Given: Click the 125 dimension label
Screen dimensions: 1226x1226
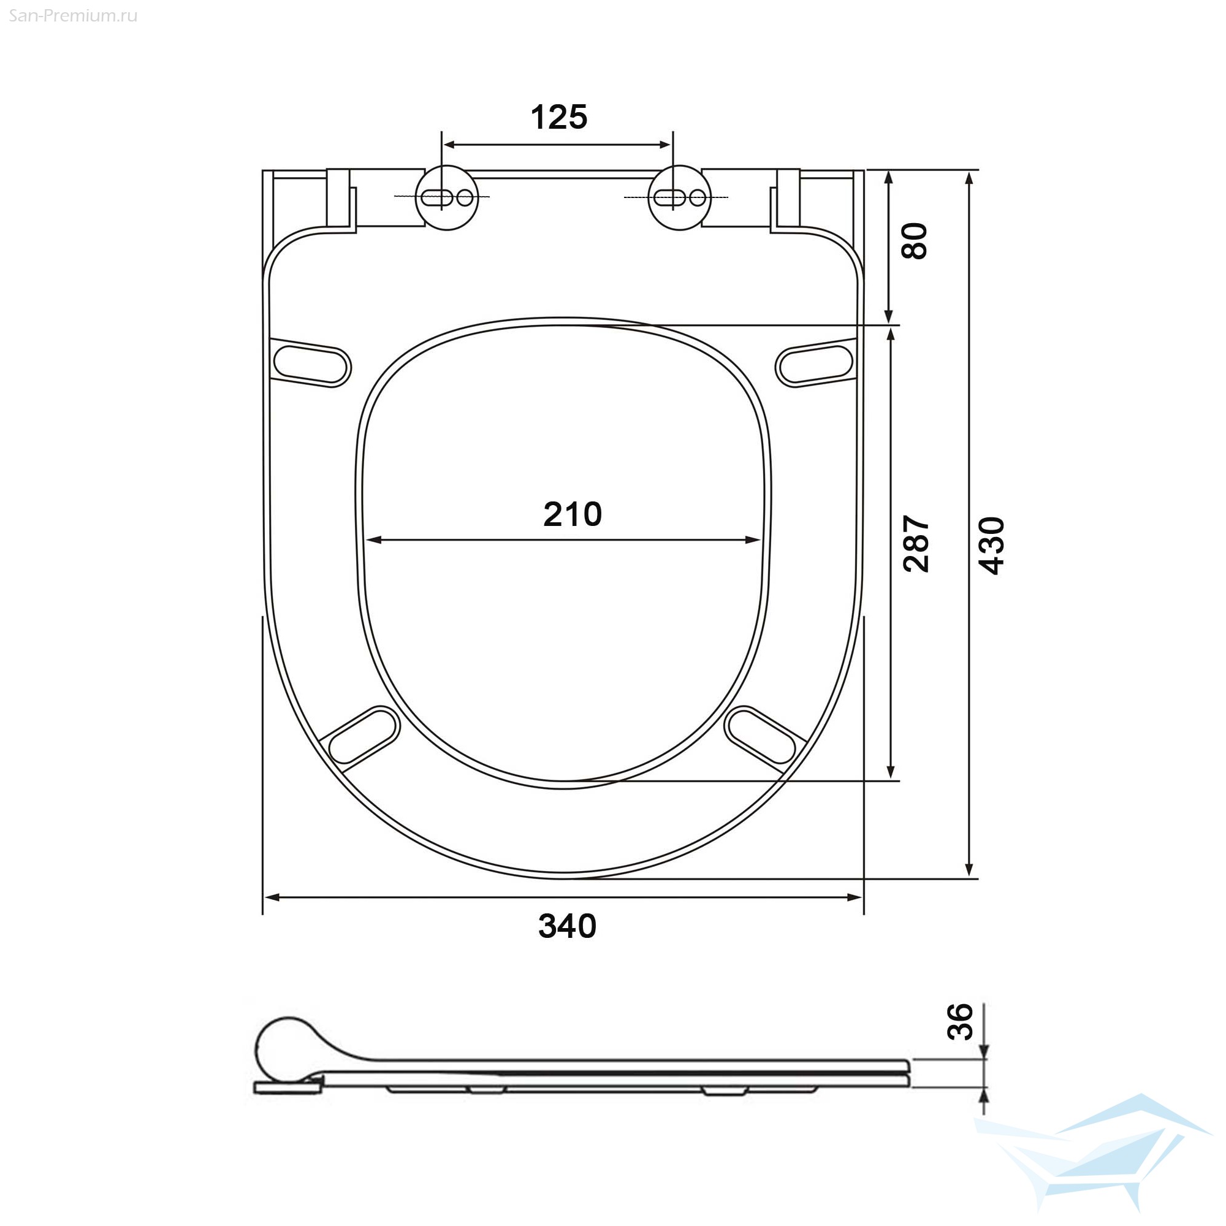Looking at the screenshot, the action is tap(558, 118).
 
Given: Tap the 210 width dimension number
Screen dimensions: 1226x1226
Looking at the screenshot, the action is tap(573, 514).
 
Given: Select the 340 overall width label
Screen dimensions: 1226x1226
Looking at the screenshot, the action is tap(567, 926).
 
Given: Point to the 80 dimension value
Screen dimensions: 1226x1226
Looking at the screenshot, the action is tap(915, 240).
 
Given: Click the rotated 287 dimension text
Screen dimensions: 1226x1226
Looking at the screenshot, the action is tap(916, 544).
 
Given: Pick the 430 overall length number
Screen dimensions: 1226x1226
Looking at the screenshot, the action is tap(991, 546).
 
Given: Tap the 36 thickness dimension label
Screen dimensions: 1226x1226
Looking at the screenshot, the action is tap(959, 1022).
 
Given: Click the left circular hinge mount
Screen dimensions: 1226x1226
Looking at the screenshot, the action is tap(447, 198).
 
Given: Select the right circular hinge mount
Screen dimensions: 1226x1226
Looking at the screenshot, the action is tap(680, 198).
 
